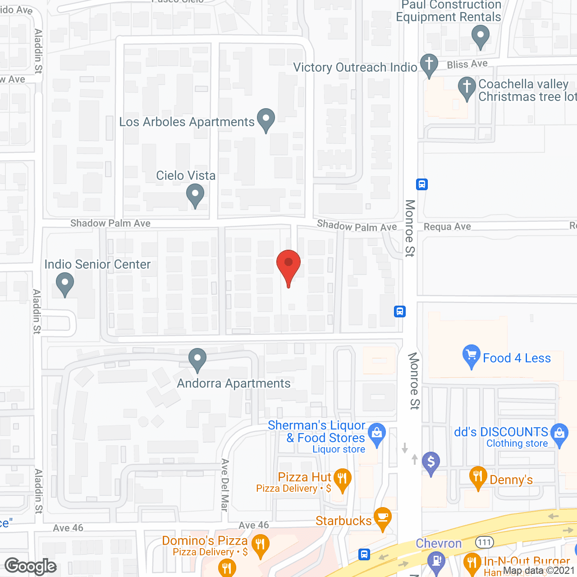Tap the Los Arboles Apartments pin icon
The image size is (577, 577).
coord(266,120)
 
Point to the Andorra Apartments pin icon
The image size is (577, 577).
coord(197,360)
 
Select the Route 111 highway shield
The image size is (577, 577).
coord(485,542)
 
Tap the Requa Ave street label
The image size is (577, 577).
coord(447,227)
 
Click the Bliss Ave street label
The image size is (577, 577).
coord(467,64)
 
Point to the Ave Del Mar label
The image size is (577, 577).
coord(225,485)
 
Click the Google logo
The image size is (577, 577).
coord(31,566)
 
